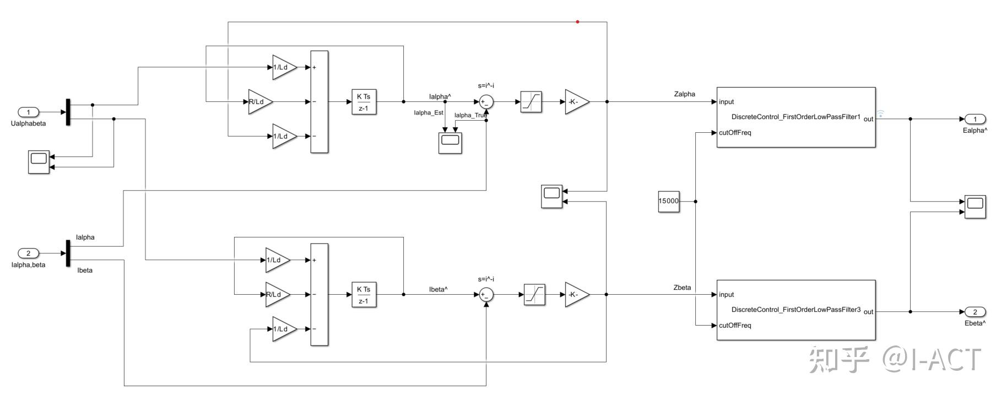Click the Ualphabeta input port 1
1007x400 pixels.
[x=29, y=112]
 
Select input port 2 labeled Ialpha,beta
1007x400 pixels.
[x=29, y=253]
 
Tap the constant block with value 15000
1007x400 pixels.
[x=669, y=201]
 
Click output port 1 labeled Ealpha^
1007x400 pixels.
[x=974, y=119]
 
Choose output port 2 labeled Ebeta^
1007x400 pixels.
[x=974, y=312]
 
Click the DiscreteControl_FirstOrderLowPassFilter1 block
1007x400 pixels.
[x=795, y=117]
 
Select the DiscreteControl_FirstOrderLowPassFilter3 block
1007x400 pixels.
[x=795, y=310]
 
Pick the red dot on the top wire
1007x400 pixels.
[x=577, y=22]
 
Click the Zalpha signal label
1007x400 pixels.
[x=684, y=94]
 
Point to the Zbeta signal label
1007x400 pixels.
[x=682, y=288]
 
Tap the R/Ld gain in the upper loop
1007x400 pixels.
[x=259, y=102]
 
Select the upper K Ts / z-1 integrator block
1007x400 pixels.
[x=364, y=102]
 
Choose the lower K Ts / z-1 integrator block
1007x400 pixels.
[x=364, y=295]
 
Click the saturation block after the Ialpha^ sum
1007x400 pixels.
[x=531, y=102]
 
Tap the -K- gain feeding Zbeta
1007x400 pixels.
[x=576, y=295]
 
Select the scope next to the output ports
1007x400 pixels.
[x=975, y=207]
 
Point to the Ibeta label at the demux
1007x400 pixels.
[x=85, y=271]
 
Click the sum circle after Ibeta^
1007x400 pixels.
[x=486, y=295]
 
